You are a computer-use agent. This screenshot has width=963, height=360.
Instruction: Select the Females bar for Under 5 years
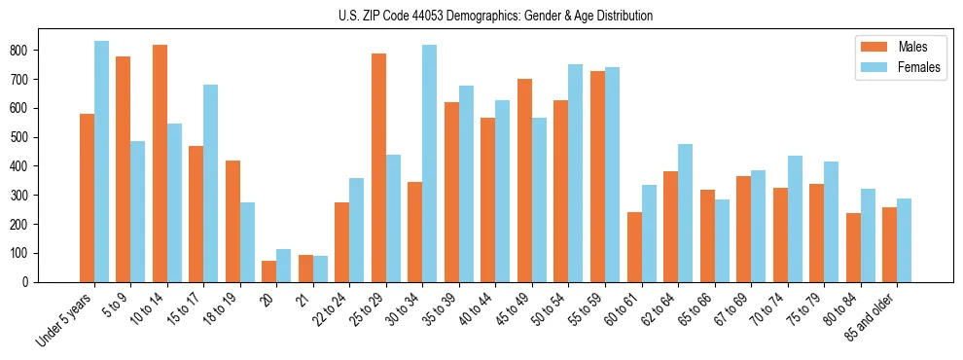pyautogui.click(x=101, y=162)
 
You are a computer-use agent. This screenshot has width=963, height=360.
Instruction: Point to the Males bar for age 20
pyautogui.click(x=269, y=271)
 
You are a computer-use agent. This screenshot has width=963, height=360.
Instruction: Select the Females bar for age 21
pyautogui.click(x=320, y=270)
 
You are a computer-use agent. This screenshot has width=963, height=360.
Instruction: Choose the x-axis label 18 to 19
pyautogui.click(x=223, y=307)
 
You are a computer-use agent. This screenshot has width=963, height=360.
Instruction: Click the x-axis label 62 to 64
pyautogui.click(x=660, y=307)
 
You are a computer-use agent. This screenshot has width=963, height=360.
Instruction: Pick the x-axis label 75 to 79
pyautogui.click(x=806, y=307)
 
